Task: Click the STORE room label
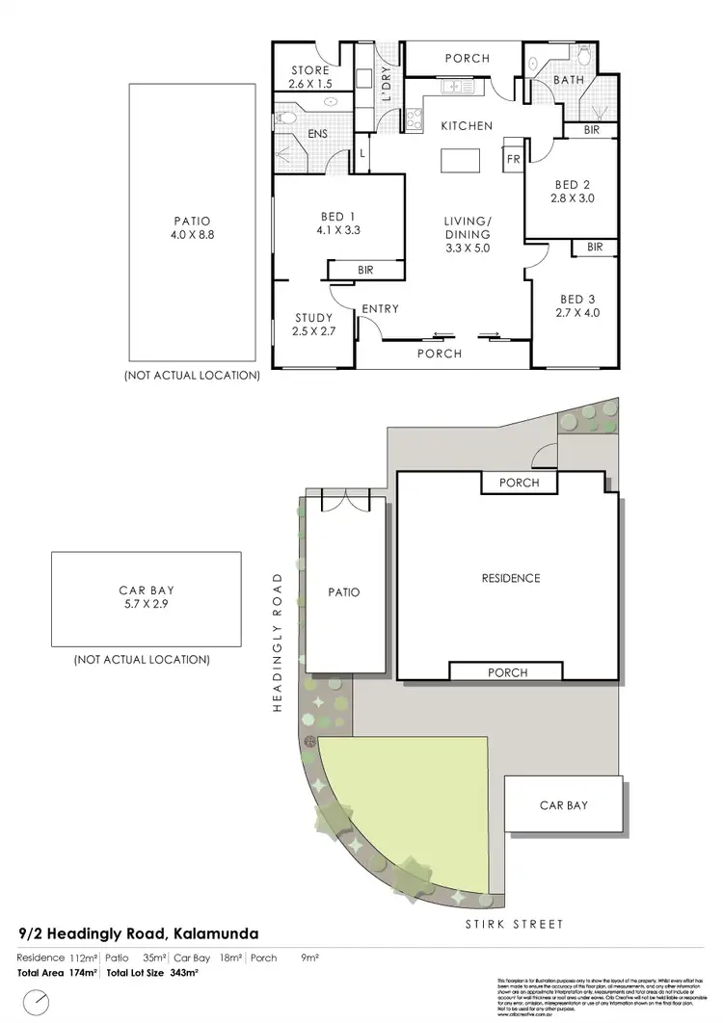coord(310,70)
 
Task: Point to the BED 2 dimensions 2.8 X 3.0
coord(566,199)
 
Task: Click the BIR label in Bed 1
coord(365,271)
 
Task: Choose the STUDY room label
coord(314,318)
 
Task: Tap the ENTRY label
coord(380,309)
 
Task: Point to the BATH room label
coord(568,80)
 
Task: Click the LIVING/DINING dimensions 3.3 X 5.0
coord(467,248)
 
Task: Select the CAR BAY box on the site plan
coord(564,805)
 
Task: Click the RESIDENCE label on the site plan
coord(510,578)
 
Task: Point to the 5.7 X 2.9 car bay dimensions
coord(146,606)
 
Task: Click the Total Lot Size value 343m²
coord(184,974)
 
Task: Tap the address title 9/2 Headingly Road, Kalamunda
coord(138,933)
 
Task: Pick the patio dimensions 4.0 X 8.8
coord(193,233)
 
